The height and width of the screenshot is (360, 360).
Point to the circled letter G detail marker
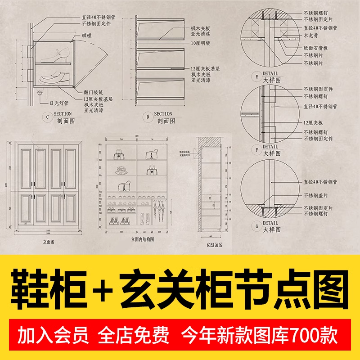[257, 226]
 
